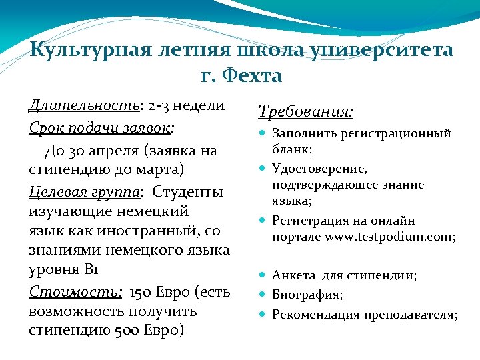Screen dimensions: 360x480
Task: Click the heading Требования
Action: tap(305, 111)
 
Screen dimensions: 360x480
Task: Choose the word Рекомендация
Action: tap(316, 315)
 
